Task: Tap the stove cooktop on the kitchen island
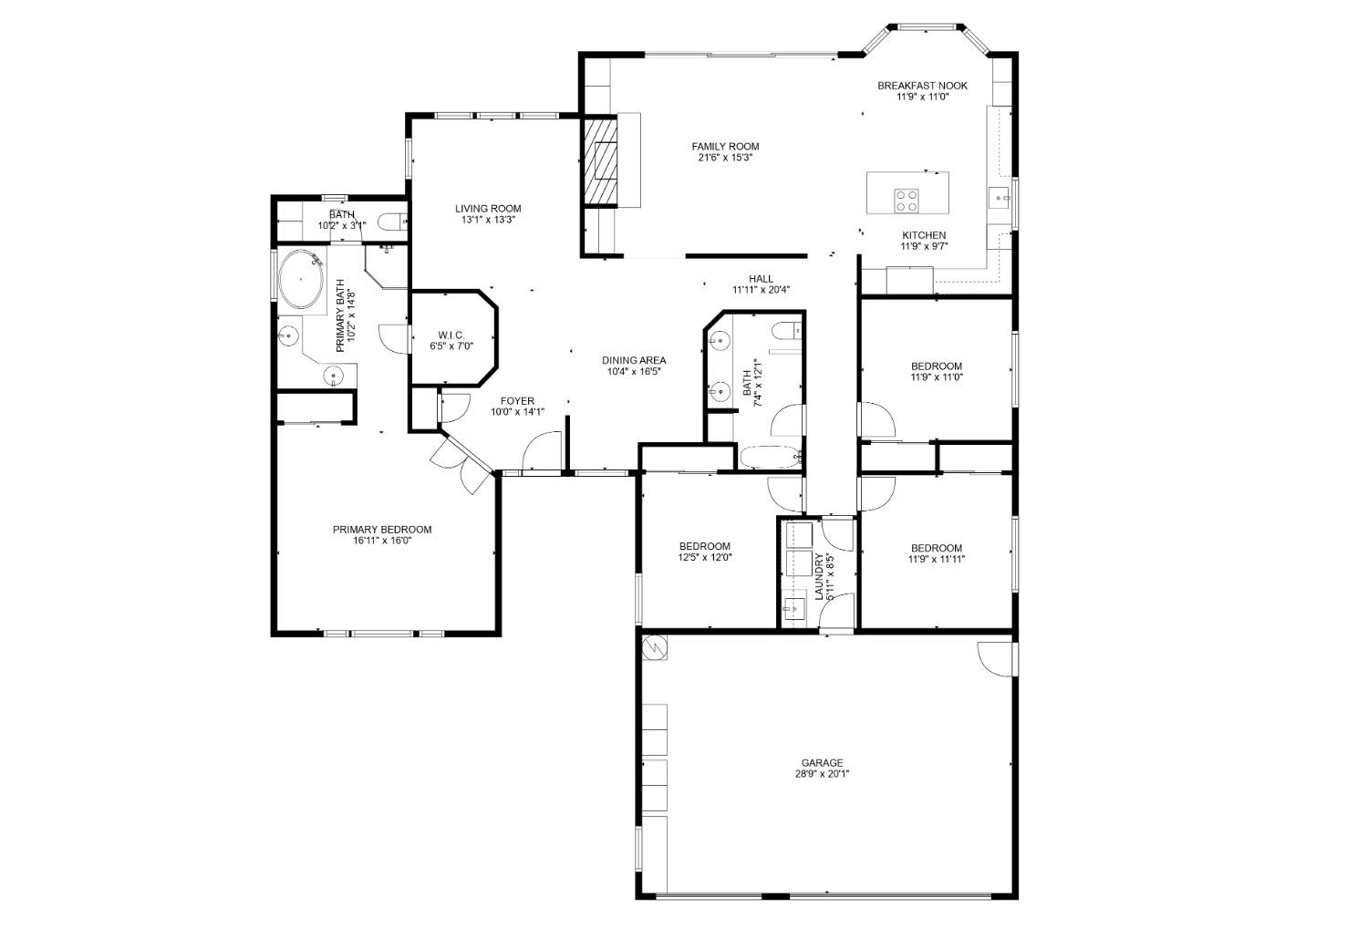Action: (907, 200)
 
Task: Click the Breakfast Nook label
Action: (922, 86)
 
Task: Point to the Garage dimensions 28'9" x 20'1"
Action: (822, 775)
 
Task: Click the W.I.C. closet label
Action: (451, 335)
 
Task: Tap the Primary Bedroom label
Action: (381, 530)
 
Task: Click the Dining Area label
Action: (633, 360)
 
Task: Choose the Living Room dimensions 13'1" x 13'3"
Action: (488, 220)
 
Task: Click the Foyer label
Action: (517, 401)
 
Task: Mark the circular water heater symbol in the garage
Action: (655, 647)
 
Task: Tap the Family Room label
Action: (725, 146)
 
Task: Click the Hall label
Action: (761, 279)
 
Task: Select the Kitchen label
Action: (923, 235)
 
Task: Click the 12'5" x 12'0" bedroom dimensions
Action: (704, 558)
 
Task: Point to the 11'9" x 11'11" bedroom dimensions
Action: (936, 560)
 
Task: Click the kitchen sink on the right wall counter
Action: (999, 195)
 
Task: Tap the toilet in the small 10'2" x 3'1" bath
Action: (389, 222)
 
